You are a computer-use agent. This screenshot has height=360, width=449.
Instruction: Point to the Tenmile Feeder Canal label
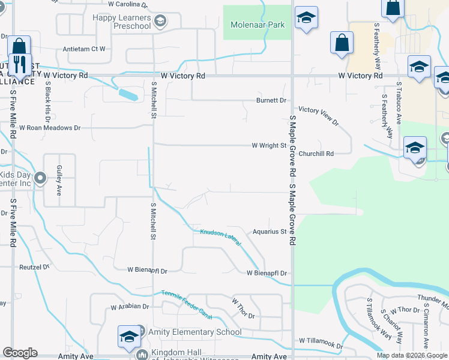(187, 297)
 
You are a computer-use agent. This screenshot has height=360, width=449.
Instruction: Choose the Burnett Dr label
(271, 101)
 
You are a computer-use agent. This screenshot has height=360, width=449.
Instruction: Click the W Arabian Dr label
(129, 306)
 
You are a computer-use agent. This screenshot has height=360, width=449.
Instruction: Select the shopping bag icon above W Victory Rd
(342, 43)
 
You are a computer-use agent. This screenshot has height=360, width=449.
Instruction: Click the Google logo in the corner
(20, 353)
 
